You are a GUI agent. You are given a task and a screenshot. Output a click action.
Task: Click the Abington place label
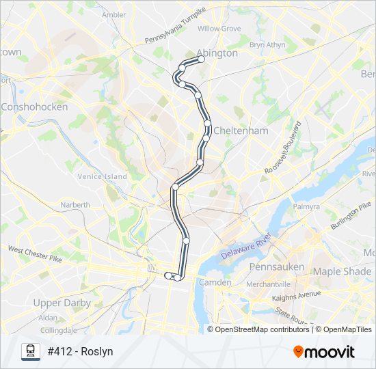[217, 53]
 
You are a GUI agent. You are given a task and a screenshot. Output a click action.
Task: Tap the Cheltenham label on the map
[240, 130]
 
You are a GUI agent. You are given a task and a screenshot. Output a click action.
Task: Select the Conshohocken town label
[34, 107]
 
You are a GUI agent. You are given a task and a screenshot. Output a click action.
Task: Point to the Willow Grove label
[219, 29]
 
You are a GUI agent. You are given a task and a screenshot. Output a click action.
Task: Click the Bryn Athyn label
[267, 45]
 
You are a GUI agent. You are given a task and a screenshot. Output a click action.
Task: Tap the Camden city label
[212, 282]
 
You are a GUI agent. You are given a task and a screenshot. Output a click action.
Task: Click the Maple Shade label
[342, 271]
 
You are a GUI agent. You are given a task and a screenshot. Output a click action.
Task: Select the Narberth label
[75, 204]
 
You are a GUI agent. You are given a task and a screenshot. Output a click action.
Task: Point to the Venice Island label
[102, 176]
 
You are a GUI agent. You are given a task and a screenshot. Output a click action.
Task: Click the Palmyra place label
[306, 206]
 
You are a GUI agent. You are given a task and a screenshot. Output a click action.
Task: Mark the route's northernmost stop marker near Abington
[202, 59]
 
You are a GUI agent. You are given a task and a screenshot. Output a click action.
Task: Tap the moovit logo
[324, 352]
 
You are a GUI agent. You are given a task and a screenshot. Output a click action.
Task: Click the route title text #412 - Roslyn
[80, 352]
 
